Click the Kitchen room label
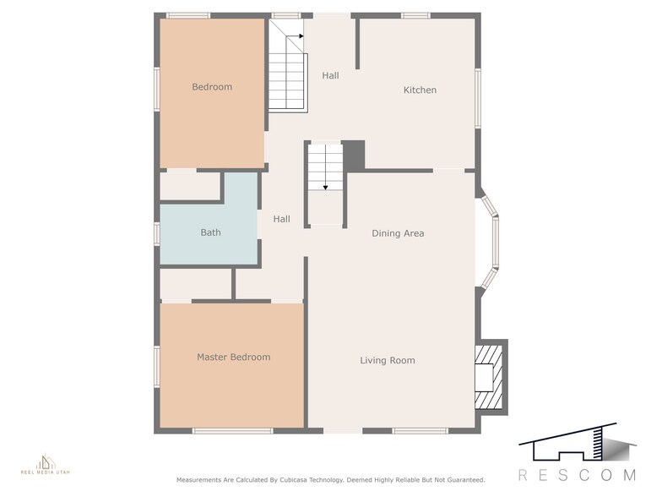point(420,90)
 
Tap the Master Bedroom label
point(233,358)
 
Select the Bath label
point(210,232)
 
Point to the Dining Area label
point(398,233)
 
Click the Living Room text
point(388,361)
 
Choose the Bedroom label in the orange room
point(211,87)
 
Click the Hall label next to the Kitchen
point(330,76)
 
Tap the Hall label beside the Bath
point(281,220)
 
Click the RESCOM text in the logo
point(577,475)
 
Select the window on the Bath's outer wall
point(156,232)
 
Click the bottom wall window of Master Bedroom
point(221,431)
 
